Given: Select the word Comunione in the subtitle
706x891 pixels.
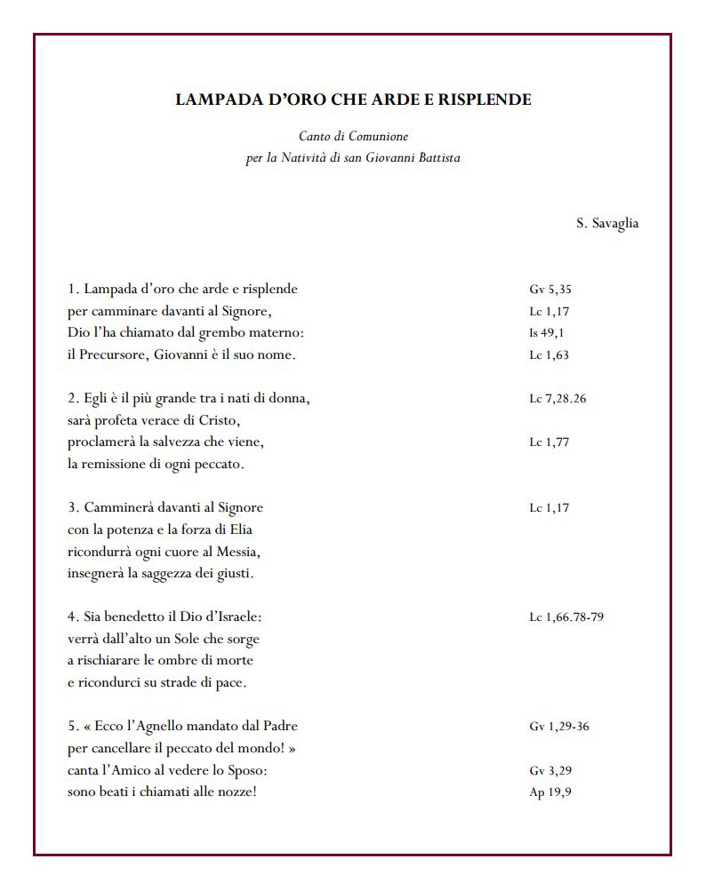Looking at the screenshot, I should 378,138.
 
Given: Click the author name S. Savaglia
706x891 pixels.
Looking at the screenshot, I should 606,224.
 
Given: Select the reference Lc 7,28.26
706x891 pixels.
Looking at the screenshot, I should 558,399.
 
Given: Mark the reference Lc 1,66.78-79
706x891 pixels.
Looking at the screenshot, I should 566,617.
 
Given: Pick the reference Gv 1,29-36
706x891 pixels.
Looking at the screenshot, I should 558,727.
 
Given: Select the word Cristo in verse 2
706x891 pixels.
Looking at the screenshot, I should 221,420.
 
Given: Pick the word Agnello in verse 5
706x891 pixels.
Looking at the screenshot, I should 150,727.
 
